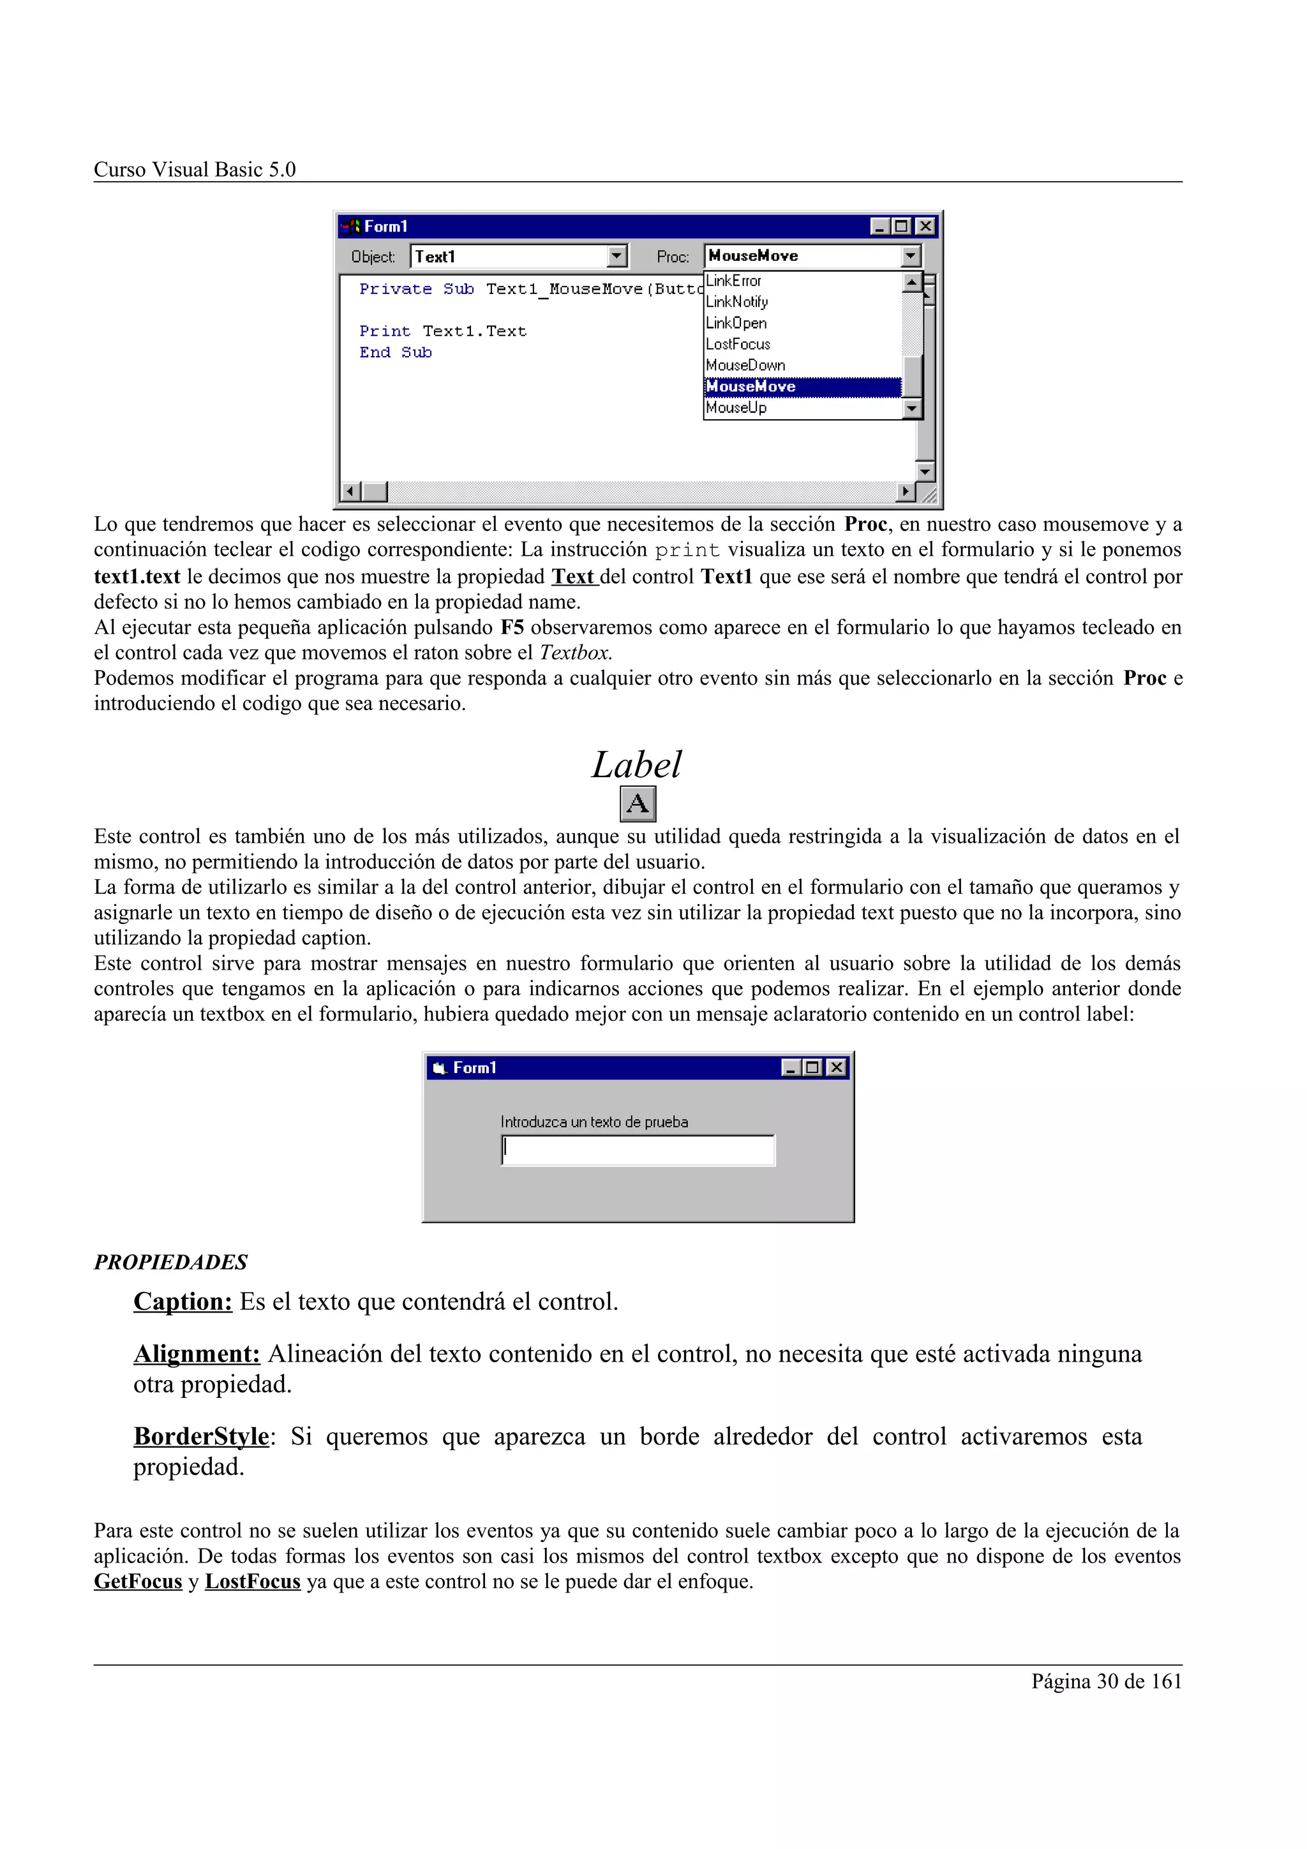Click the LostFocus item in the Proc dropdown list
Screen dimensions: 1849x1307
(738, 345)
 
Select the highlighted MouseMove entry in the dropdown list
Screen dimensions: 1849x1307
(751, 387)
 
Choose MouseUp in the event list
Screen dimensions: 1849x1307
(736, 408)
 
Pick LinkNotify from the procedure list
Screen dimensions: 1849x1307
(737, 302)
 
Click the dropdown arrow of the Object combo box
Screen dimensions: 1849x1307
(617, 257)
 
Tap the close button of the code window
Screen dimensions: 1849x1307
(925, 227)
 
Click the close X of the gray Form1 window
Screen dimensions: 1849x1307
(837, 1068)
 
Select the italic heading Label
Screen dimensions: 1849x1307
(636, 765)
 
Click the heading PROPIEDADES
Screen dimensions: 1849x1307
(171, 1263)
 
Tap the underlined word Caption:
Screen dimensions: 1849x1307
(183, 1302)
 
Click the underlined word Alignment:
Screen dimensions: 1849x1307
(197, 1355)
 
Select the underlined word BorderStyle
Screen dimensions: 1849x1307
(201, 1437)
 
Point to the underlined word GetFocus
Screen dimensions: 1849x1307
(138, 1582)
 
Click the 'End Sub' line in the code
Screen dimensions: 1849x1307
(396, 353)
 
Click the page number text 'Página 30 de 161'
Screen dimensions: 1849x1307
(1106, 1681)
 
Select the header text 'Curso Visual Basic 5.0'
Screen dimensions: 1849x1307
(195, 170)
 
